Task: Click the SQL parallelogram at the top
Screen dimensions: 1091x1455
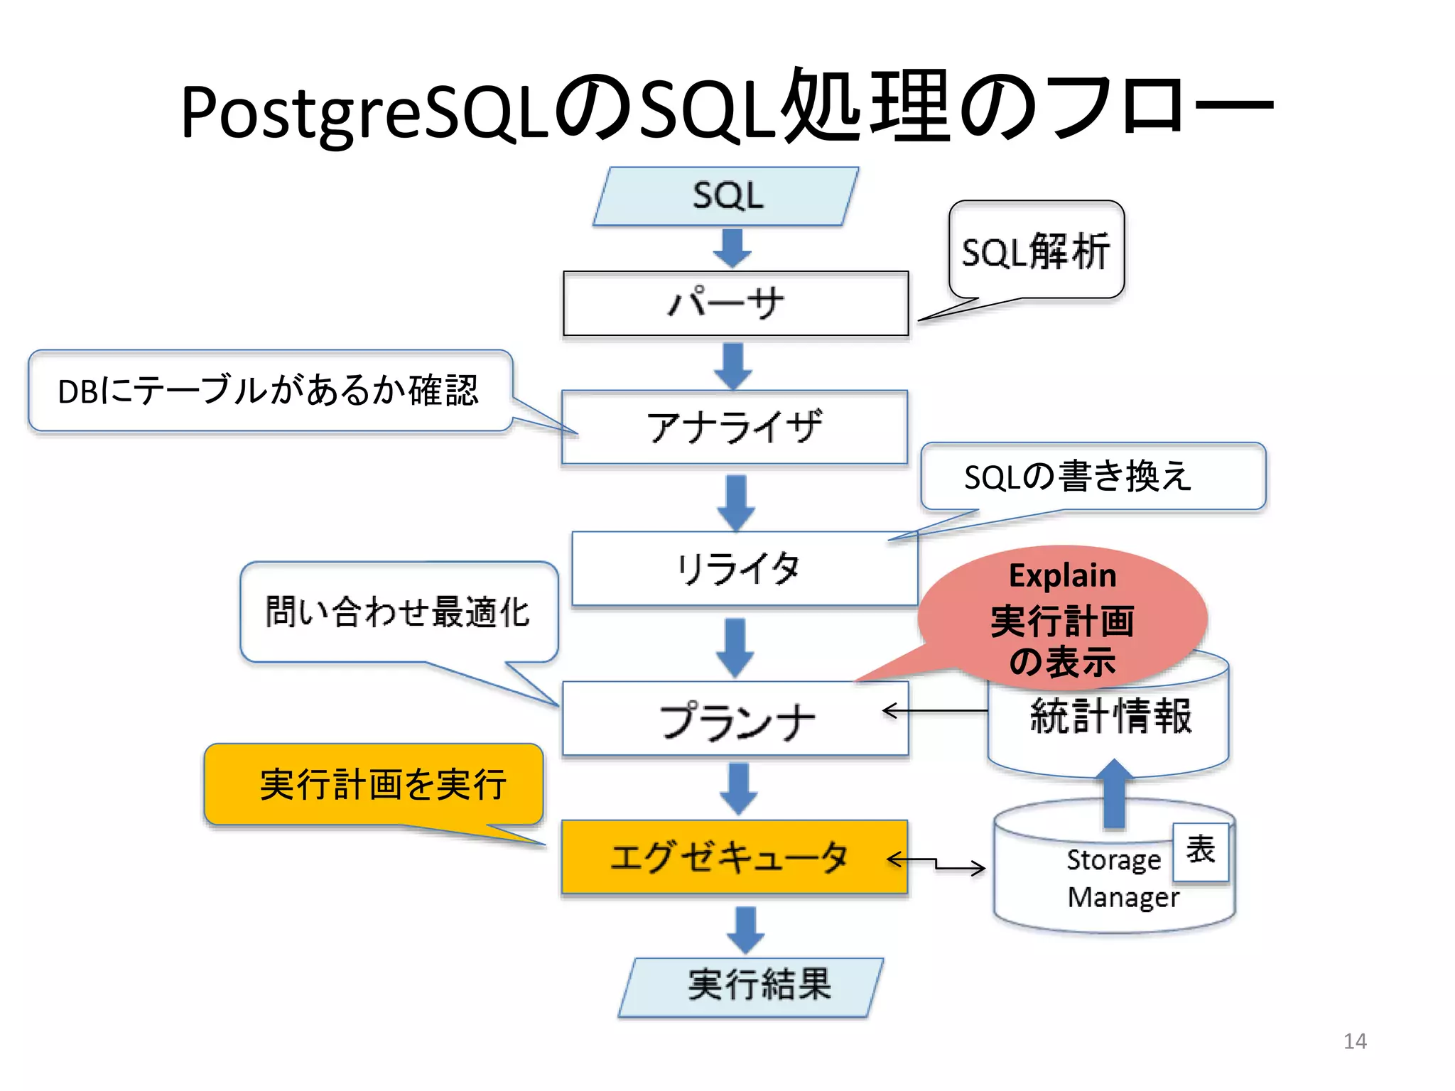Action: coord(726,196)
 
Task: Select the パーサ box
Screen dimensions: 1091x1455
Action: coord(735,303)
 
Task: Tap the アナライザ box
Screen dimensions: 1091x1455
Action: coord(735,427)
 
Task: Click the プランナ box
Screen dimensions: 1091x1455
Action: coord(735,719)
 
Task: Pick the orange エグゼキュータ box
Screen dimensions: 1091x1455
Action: coord(734,857)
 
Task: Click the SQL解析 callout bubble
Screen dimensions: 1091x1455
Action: coord(1036,251)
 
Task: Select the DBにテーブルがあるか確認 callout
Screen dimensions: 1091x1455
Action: coord(269,391)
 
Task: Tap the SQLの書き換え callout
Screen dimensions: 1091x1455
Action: coord(1093,476)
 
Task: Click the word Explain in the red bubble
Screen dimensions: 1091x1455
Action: coord(1062,575)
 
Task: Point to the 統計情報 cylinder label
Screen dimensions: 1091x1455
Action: coord(1110,716)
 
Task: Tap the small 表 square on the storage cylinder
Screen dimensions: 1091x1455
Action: coord(1200,851)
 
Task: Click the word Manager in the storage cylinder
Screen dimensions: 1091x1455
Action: coord(1123,897)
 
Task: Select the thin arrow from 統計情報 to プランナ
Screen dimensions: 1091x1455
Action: coord(934,710)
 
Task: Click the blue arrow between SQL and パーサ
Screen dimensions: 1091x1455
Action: coord(732,247)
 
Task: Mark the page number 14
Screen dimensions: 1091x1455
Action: coord(1354,1041)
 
